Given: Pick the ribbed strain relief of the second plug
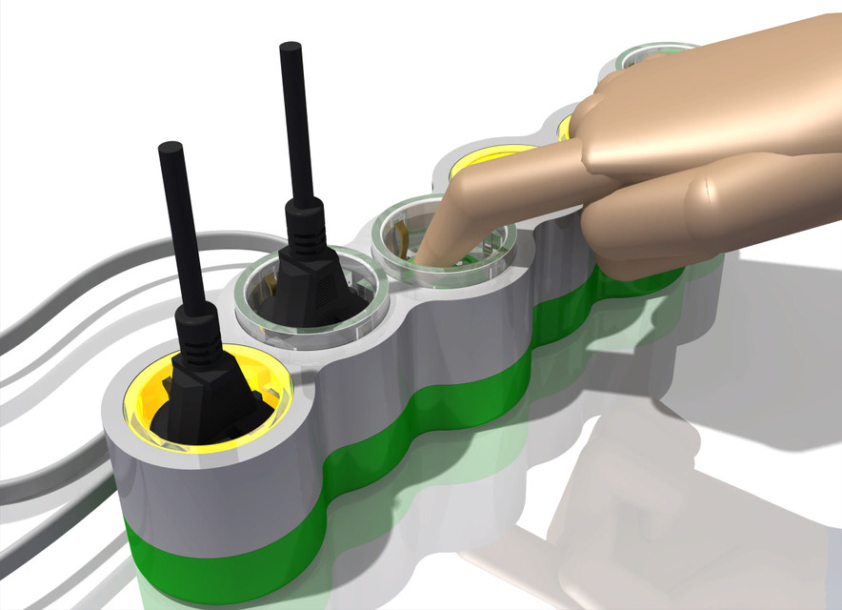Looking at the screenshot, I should click(305, 222).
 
